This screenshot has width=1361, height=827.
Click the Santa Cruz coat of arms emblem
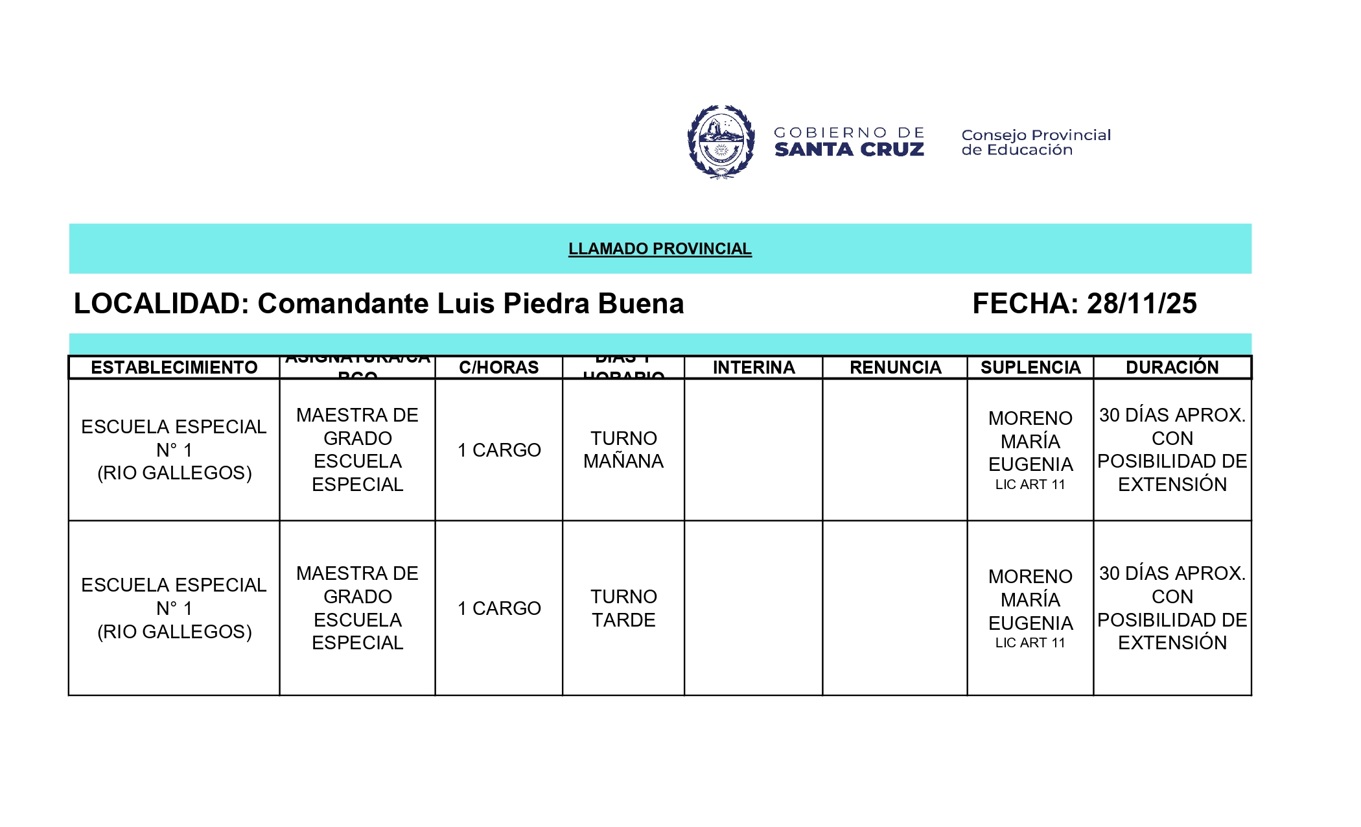point(721,141)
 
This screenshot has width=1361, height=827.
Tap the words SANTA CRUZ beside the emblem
point(849,150)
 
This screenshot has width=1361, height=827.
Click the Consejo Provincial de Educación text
point(1036,142)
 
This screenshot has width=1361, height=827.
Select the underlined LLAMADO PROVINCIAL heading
point(660,248)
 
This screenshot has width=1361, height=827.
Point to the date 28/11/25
point(1142,304)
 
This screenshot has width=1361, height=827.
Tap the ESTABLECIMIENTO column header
point(174,367)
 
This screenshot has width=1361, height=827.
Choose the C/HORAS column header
point(498,367)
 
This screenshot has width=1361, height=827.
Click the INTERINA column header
point(754,367)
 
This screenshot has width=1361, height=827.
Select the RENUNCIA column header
point(895,367)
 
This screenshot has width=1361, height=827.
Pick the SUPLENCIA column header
point(1030,367)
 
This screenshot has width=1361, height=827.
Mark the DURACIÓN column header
point(1172,367)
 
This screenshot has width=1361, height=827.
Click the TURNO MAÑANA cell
point(623,449)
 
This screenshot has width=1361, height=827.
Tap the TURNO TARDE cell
point(623,608)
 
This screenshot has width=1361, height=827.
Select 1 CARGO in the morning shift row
point(499,449)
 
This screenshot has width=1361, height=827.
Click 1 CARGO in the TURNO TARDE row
point(499,608)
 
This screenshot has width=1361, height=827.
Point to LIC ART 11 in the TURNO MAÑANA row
point(1030,485)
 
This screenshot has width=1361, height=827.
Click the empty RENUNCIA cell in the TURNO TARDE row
point(895,608)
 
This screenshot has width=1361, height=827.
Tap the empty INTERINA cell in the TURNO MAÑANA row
point(754,449)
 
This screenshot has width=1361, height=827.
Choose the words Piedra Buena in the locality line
point(593,304)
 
